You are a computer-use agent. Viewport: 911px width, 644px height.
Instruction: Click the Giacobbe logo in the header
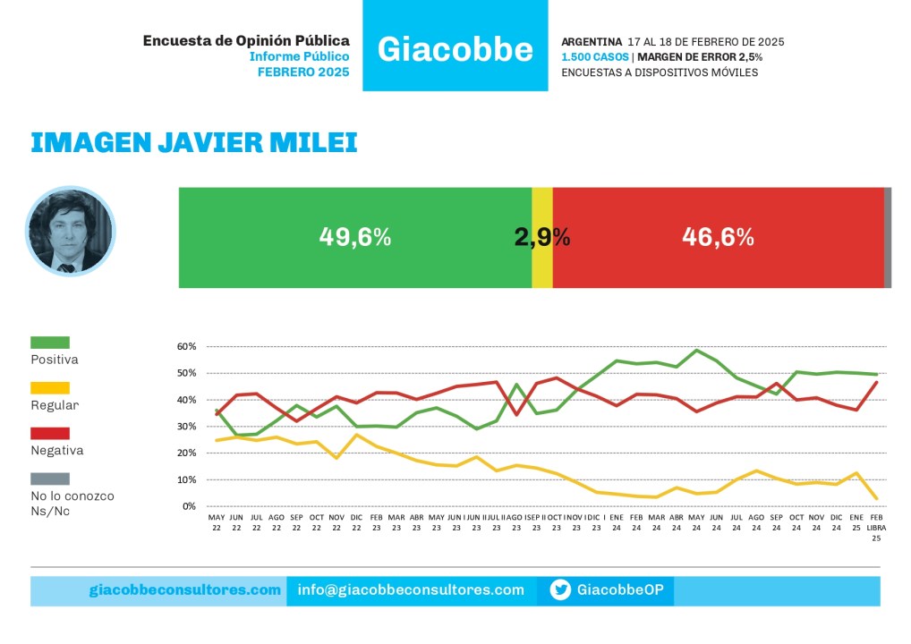pos(455,48)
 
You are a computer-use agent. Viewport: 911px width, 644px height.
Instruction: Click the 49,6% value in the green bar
pos(354,237)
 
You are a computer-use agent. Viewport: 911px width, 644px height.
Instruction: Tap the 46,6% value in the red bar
pos(718,237)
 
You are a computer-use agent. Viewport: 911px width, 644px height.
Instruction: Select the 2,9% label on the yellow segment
pos(542,237)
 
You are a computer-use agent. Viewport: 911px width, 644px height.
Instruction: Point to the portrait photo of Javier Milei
pos(71,231)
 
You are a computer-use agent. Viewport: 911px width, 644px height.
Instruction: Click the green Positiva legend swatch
pos(50,343)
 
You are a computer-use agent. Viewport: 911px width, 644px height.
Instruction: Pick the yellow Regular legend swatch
pos(50,388)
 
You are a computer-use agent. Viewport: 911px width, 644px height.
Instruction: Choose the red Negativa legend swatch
pos(50,434)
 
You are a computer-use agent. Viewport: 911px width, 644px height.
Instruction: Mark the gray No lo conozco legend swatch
pos(50,479)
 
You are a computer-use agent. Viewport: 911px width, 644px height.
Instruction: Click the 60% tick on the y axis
pos(186,346)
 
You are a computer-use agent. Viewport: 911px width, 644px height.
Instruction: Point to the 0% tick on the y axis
pos(189,506)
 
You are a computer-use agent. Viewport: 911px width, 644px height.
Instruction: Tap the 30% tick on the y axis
pos(186,427)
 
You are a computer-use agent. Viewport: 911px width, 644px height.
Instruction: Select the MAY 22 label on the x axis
pos(217,522)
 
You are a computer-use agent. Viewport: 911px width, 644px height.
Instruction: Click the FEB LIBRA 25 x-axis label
pos(876,528)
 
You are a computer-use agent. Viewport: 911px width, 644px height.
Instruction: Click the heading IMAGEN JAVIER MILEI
pos(193,142)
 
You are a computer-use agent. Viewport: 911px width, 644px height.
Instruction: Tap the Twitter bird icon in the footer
pos(560,590)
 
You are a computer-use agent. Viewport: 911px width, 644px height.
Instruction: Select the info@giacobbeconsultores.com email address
pos(411,590)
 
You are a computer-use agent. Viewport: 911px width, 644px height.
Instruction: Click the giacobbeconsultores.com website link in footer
pos(185,590)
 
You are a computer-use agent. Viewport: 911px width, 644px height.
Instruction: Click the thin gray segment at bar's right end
pos(888,237)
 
